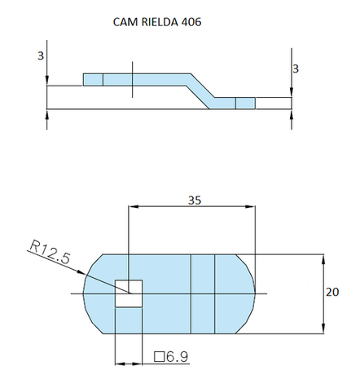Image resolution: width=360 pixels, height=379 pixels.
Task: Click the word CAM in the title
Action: [x=125, y=22]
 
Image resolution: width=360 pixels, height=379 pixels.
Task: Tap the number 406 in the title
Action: [x=191, y=22]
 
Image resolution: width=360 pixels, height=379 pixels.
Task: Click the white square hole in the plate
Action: [x=129, y=293]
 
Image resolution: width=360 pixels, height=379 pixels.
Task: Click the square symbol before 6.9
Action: [x=158, y=356]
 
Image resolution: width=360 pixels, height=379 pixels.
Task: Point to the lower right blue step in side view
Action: [x=245, y=103]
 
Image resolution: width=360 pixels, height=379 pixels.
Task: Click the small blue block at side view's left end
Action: [x=93, y=79]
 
